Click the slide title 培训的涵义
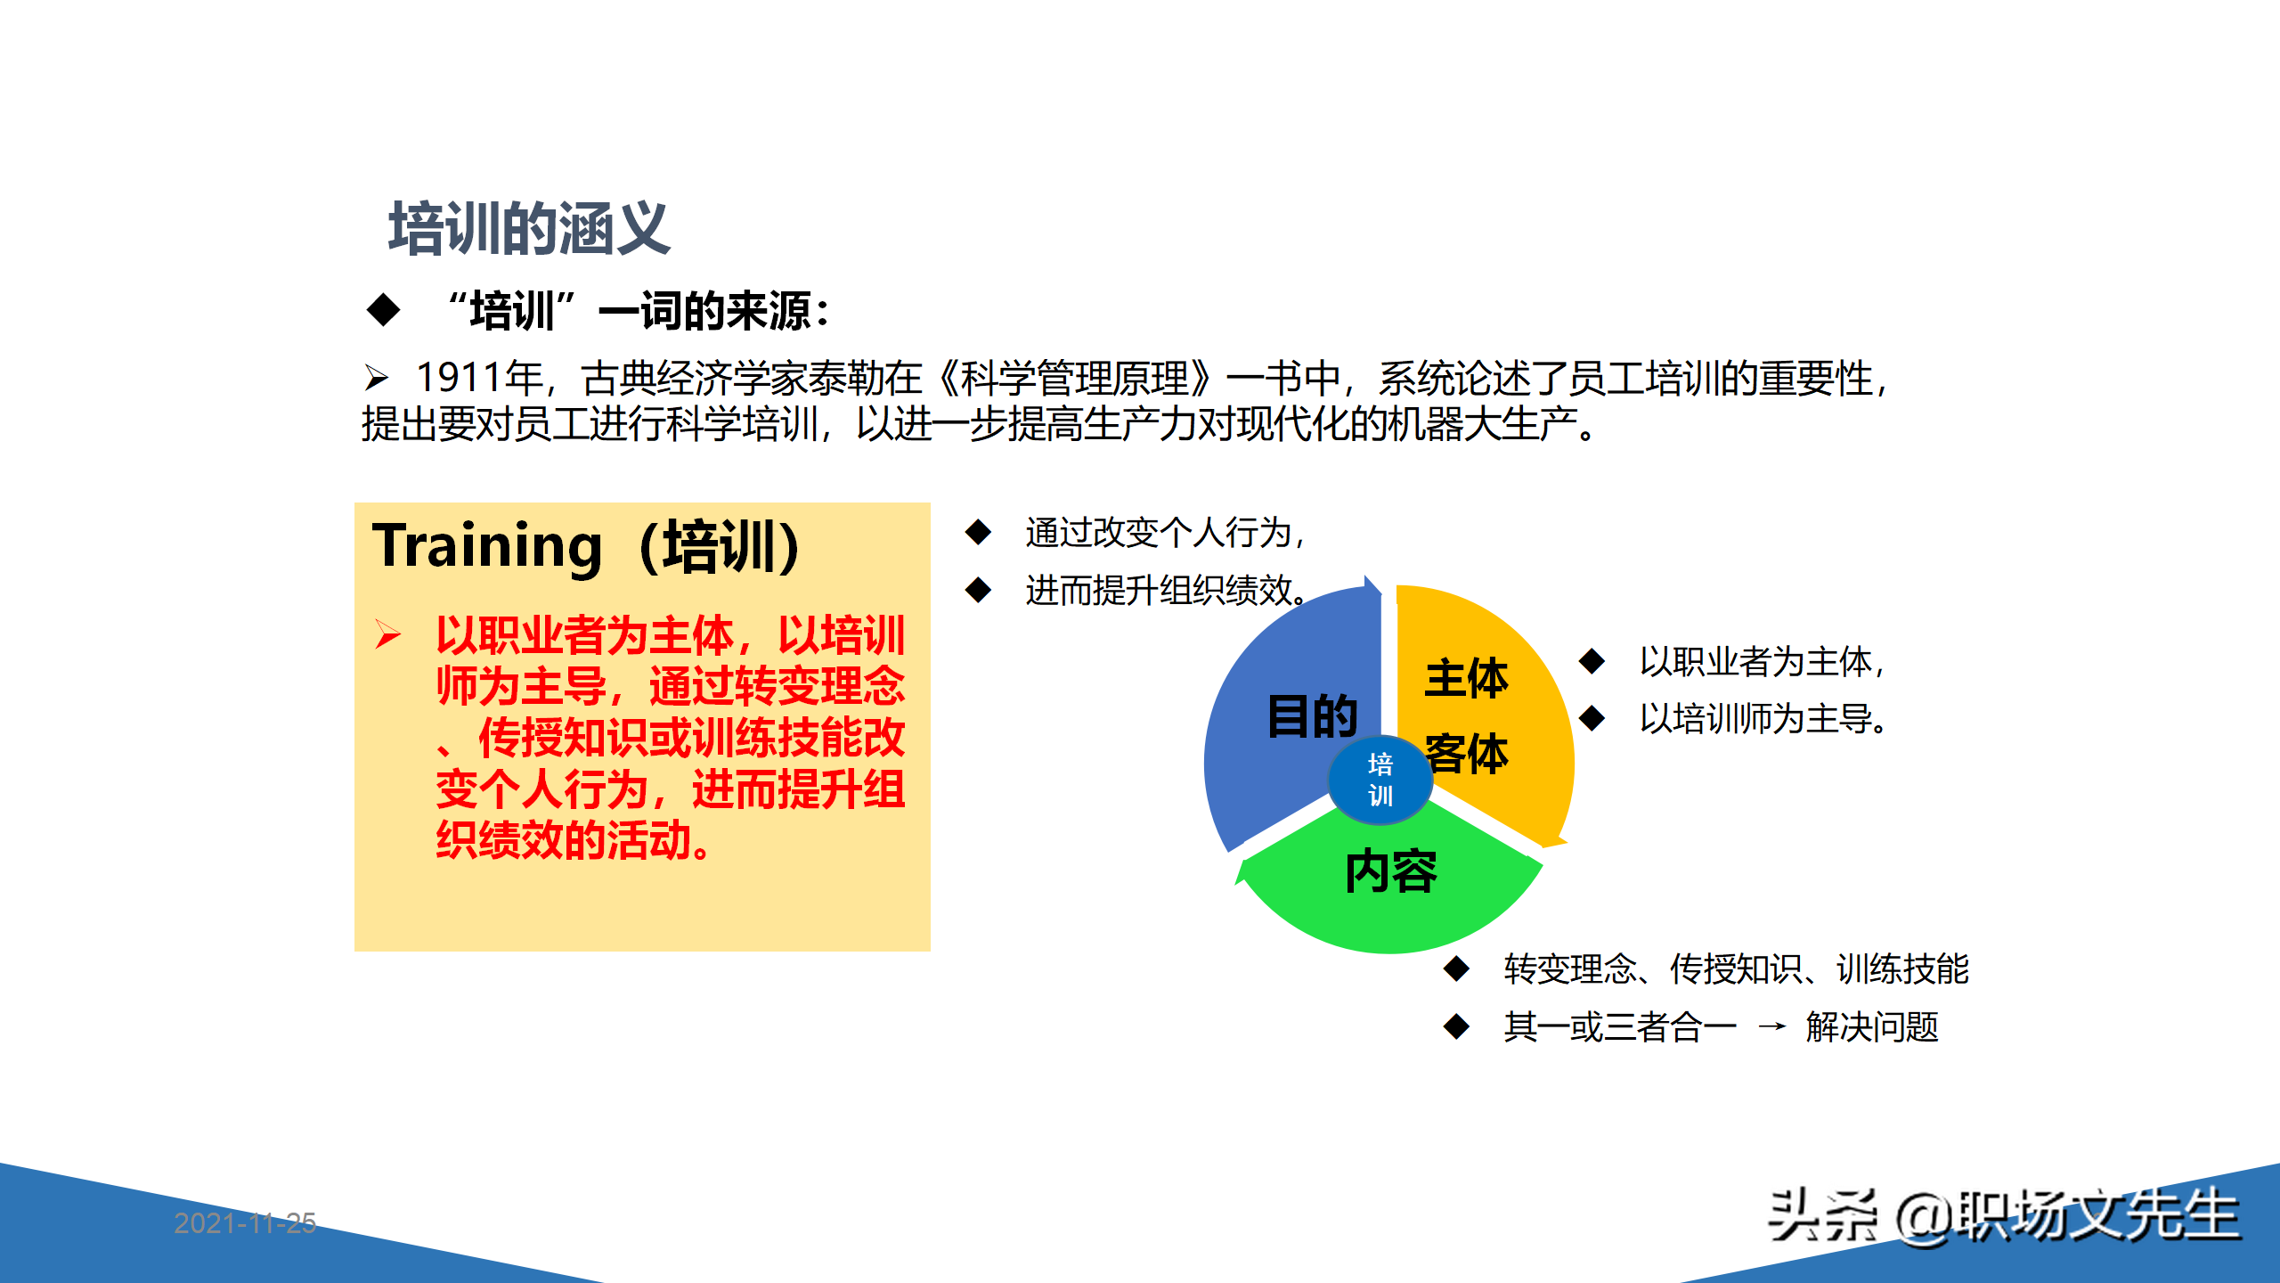pos(529,229)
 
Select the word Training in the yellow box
pos(487,546)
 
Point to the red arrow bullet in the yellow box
pos(387,634)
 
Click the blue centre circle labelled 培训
pos(1380,780)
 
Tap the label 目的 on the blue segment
pos(1312,716)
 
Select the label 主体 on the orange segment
pos(1466,679)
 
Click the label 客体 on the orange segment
pos(1466,754)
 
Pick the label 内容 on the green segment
pos(1390,871)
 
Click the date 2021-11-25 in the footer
pos(245,1222)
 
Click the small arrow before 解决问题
pos(1771,1027)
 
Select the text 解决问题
pos(1872,1027)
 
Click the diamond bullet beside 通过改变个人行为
pos(978,532)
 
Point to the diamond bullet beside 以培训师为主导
pos(1592,718)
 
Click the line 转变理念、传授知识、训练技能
pos(1735,969)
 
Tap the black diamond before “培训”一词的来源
pos(383,310)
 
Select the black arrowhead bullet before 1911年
pos(377,378)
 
